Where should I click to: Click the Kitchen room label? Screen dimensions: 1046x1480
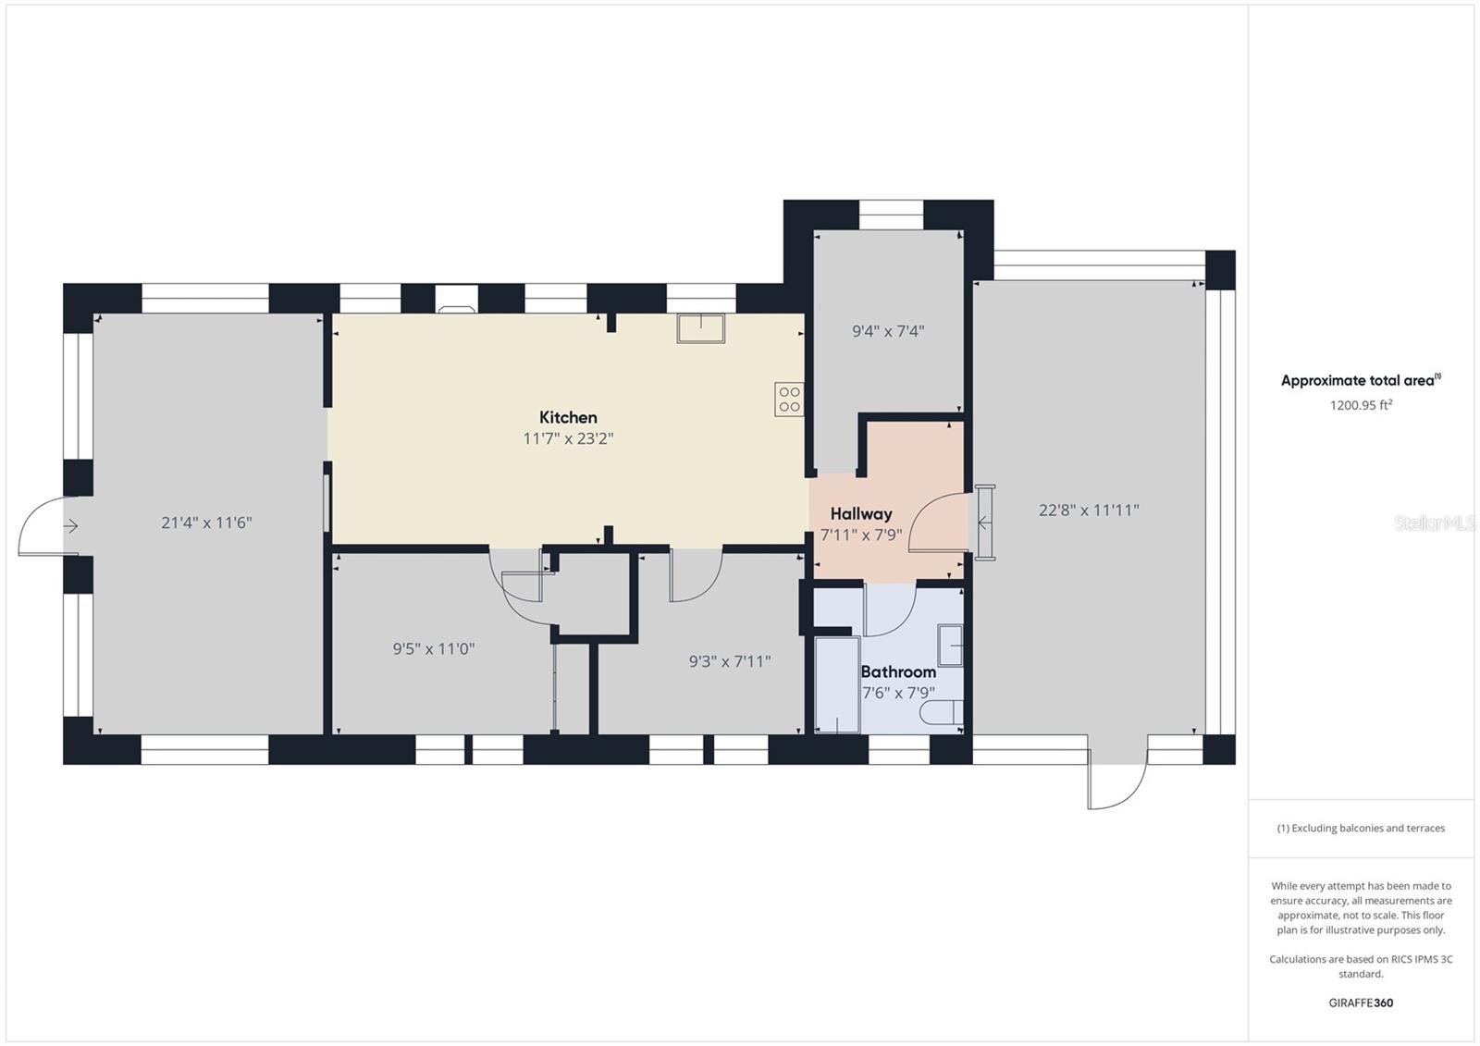(568, 417)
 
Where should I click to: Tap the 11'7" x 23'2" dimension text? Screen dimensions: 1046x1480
(568, 438)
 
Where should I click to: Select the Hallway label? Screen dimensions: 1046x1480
(861, 513)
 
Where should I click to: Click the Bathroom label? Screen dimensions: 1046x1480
(898, 672)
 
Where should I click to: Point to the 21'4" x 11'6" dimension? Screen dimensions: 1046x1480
(206, 523)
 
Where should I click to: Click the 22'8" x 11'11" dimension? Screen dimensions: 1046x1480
(1089, 510)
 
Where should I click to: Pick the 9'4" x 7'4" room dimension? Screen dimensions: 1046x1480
(888, 331)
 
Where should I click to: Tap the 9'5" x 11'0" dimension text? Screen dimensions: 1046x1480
(434, 649)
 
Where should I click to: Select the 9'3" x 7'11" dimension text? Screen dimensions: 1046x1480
(730, 661)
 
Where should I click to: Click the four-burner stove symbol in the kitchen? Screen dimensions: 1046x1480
(789, 399)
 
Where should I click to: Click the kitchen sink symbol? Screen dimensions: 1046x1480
(701, 328)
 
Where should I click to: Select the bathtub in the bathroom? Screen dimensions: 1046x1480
(837, 683)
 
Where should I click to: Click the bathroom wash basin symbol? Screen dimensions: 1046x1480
(950, 646)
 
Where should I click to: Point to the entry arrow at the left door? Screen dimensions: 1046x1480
(70, 527)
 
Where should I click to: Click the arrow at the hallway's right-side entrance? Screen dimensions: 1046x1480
(984, 523)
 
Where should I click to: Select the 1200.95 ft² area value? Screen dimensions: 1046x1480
(1361, 405)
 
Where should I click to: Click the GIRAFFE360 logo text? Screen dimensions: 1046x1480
(1361, 1003)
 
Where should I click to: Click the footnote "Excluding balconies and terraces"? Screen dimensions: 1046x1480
(1361, 828)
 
